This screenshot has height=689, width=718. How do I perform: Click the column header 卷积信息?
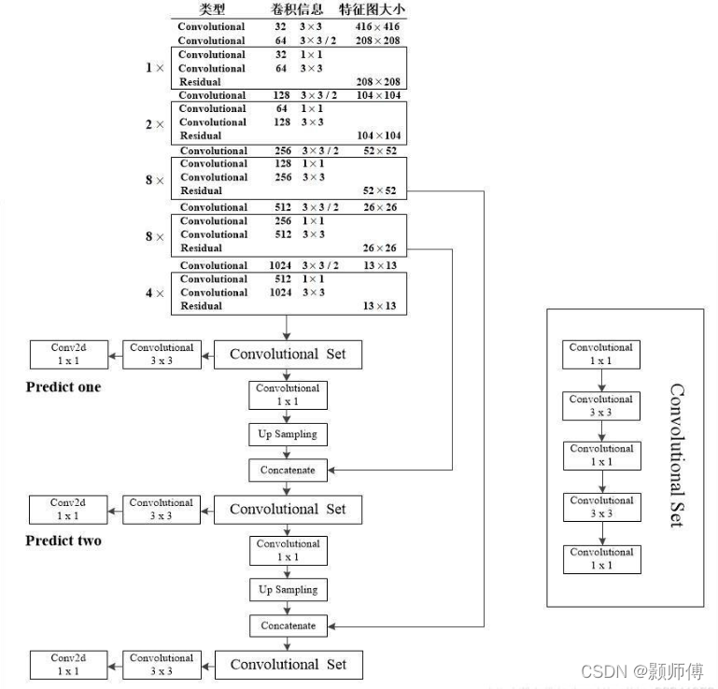[x=296, y=9]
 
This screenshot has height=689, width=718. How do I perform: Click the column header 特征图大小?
[x=373, y=9]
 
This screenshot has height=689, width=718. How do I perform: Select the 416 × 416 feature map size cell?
[x=378, y=27]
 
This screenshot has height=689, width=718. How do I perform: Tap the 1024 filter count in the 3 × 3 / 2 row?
[x=281, y=266]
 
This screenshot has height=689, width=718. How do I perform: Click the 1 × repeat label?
[x=154, y=68]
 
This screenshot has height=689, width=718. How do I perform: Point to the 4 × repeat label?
[x=154, y=293]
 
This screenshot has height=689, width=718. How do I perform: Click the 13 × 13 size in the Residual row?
[x=379, y=306]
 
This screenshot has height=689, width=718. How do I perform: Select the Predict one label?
[x=63, y=387]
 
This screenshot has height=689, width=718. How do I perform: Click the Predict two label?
[x=63, y=541]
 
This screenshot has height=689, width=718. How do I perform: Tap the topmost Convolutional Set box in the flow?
[x=288, y=354]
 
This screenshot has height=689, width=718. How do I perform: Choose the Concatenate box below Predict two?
[x=288, y=626]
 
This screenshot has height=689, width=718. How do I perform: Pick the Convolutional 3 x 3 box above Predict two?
[x=161, y=509]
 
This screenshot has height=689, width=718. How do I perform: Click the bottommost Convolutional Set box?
[x=288, y=665]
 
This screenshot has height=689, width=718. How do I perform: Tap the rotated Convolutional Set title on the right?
[x=677, y=455]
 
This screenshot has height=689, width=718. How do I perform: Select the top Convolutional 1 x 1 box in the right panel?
[x=600, y=354]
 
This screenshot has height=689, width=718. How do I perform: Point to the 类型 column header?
[x=212, y=9]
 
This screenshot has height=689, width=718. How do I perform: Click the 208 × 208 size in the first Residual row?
[x=378, y=82]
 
